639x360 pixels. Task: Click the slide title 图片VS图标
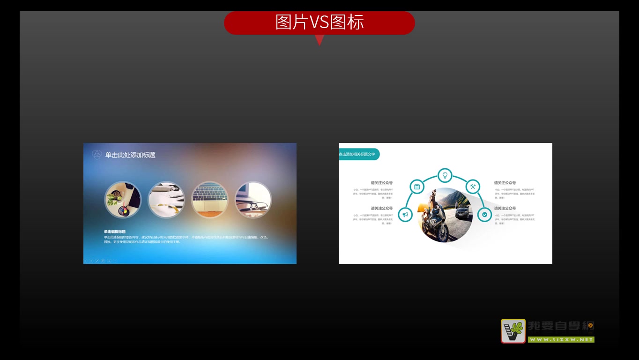319,22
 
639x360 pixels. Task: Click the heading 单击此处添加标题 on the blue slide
130,155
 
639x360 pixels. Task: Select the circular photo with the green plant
123,200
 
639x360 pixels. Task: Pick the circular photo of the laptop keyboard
210,200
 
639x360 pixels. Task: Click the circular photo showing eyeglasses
253,200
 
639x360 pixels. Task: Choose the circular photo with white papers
166,200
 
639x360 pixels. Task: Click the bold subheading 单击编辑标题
115,232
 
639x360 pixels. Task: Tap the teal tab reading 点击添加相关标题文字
358,154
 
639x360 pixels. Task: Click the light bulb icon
445,175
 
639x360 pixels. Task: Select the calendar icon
416,187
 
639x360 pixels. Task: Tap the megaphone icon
405,215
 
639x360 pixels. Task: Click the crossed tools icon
473,187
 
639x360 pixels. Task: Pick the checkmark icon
484,215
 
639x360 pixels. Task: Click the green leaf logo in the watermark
513,331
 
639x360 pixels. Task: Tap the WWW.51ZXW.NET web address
561,339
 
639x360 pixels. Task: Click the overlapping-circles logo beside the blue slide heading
97,155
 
